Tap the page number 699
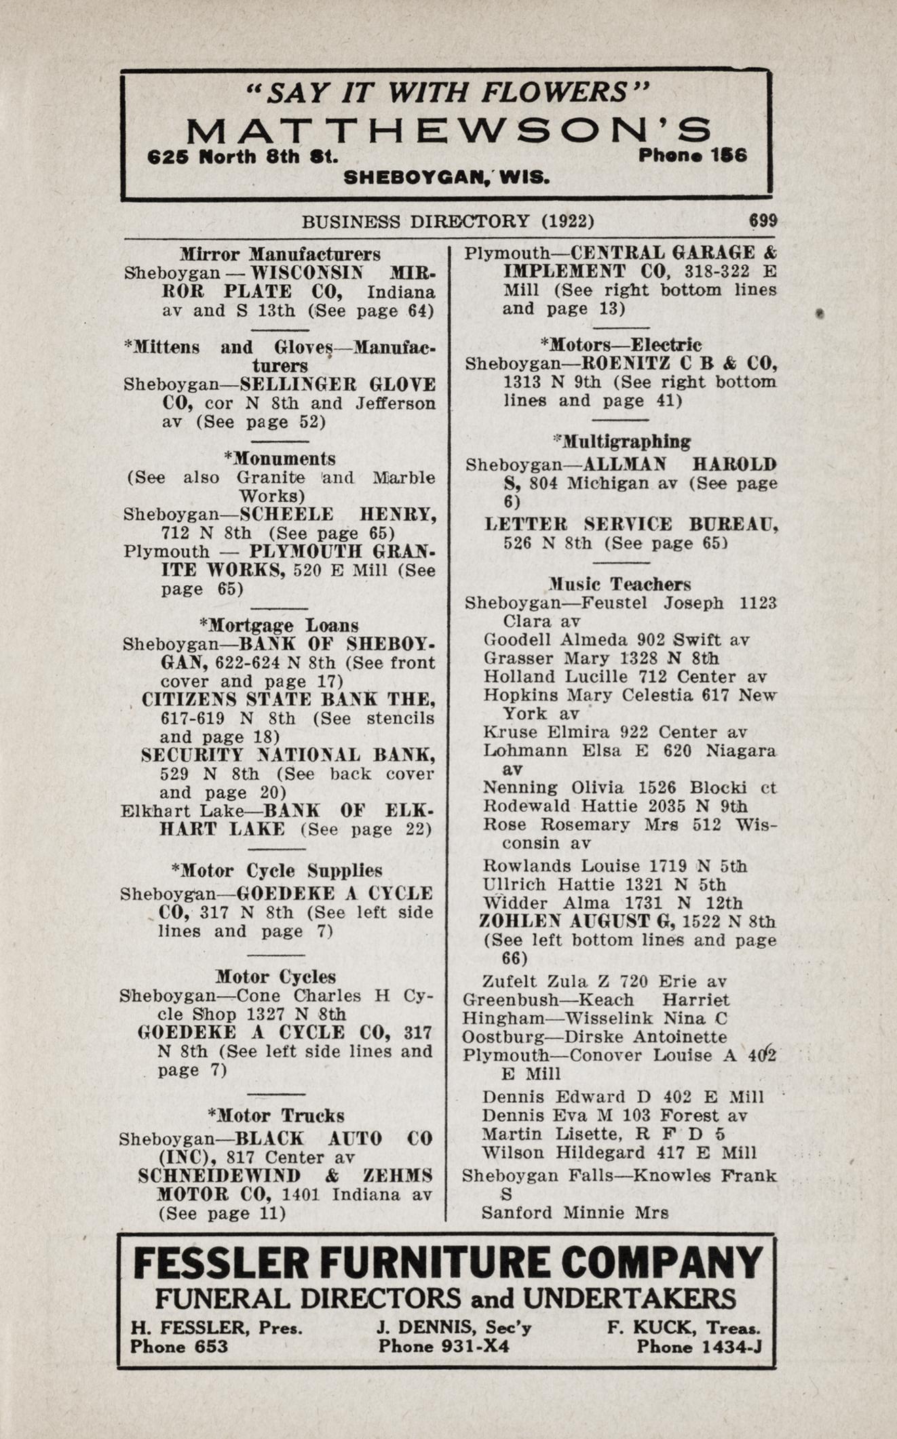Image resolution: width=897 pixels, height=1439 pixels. point(763,221)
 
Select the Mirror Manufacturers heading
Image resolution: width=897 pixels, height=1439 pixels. point(280,254)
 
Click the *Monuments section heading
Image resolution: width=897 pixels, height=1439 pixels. point(280,459)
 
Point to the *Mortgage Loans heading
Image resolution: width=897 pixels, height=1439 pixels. point(279,625)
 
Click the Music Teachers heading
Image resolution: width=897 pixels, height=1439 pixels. point(620,584)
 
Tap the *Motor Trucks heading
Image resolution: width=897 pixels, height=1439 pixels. point(276,1116)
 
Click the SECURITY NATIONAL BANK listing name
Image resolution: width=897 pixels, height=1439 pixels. point(288,755)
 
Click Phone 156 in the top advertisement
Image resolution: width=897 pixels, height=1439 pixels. point(692,155)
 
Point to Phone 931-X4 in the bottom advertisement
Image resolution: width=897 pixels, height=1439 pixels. point(444,1345)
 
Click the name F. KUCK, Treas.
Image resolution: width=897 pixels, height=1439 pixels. point(683,1327)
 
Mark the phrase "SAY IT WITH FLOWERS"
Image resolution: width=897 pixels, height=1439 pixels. point(448,92)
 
